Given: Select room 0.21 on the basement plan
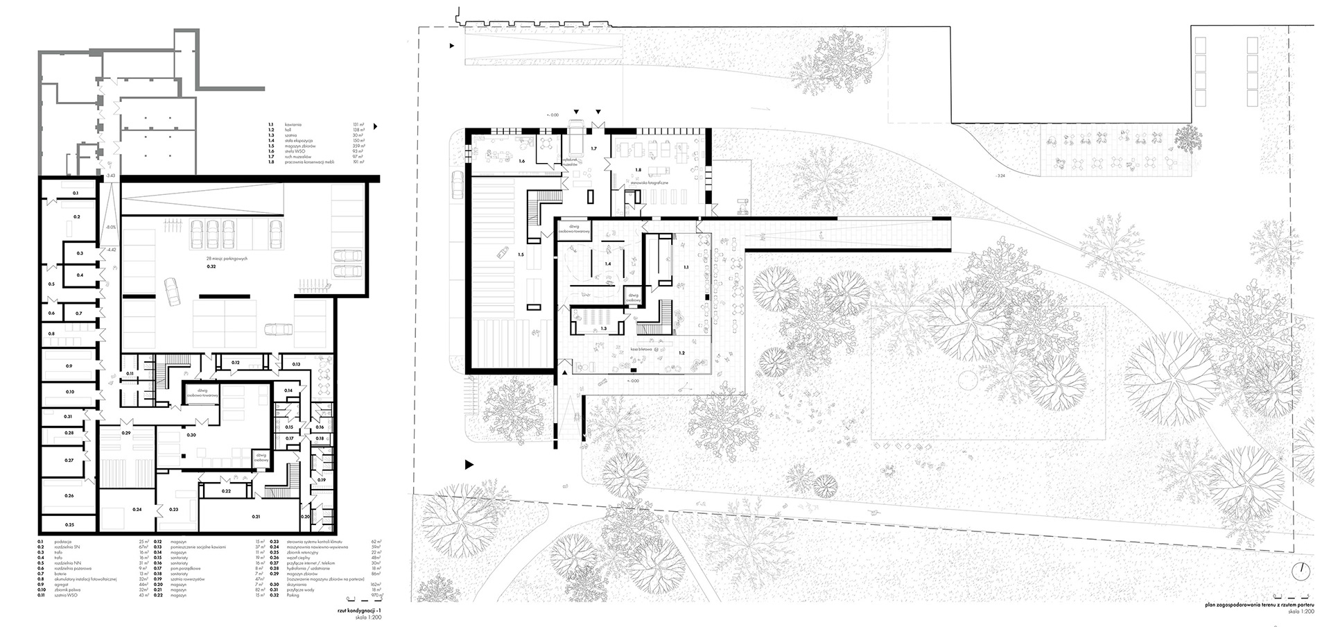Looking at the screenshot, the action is [256, 517].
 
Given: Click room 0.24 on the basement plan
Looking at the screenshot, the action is [137, 510].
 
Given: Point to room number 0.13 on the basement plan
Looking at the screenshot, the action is [296, 364].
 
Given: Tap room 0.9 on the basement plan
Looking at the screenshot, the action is [69, 366].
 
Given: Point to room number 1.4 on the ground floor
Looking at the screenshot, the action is [608, 264].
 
